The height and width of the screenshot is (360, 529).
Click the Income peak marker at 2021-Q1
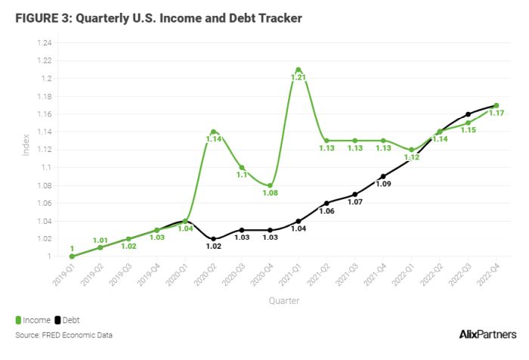pos(299,70)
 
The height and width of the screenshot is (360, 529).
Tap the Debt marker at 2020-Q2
pos(213,238)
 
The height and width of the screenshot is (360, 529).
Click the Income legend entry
pos(33,320)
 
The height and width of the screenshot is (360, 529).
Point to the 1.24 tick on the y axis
pos(45,43)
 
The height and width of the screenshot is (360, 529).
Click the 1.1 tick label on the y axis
pos(48,167)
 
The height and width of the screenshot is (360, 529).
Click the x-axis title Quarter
pos(283,301)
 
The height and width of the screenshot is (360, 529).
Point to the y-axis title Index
pos(25,146)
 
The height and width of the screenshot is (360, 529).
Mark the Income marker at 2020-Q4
pos(270,185)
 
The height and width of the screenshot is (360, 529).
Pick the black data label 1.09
pos(384,184)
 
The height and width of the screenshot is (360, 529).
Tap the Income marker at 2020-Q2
pos(213,132)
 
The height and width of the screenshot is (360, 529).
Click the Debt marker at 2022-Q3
pos(468,114)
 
